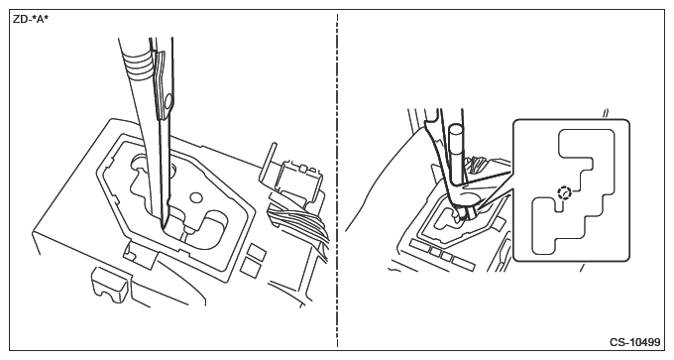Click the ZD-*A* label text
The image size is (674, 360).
coord(31,20)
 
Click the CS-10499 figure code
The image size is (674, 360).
coord(634,342)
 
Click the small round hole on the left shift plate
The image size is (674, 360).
coord(195,198)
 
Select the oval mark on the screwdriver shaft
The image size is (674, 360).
coord(168,101)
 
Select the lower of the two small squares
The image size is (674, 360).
coord(249,267)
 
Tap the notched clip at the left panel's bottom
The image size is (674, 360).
coord(109,284)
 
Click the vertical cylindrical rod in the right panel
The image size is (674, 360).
coord(456,153)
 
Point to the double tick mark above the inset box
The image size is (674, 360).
coord(606,113)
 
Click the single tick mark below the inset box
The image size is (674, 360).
coord(582,269)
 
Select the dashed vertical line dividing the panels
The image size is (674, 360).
coord(337,180)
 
